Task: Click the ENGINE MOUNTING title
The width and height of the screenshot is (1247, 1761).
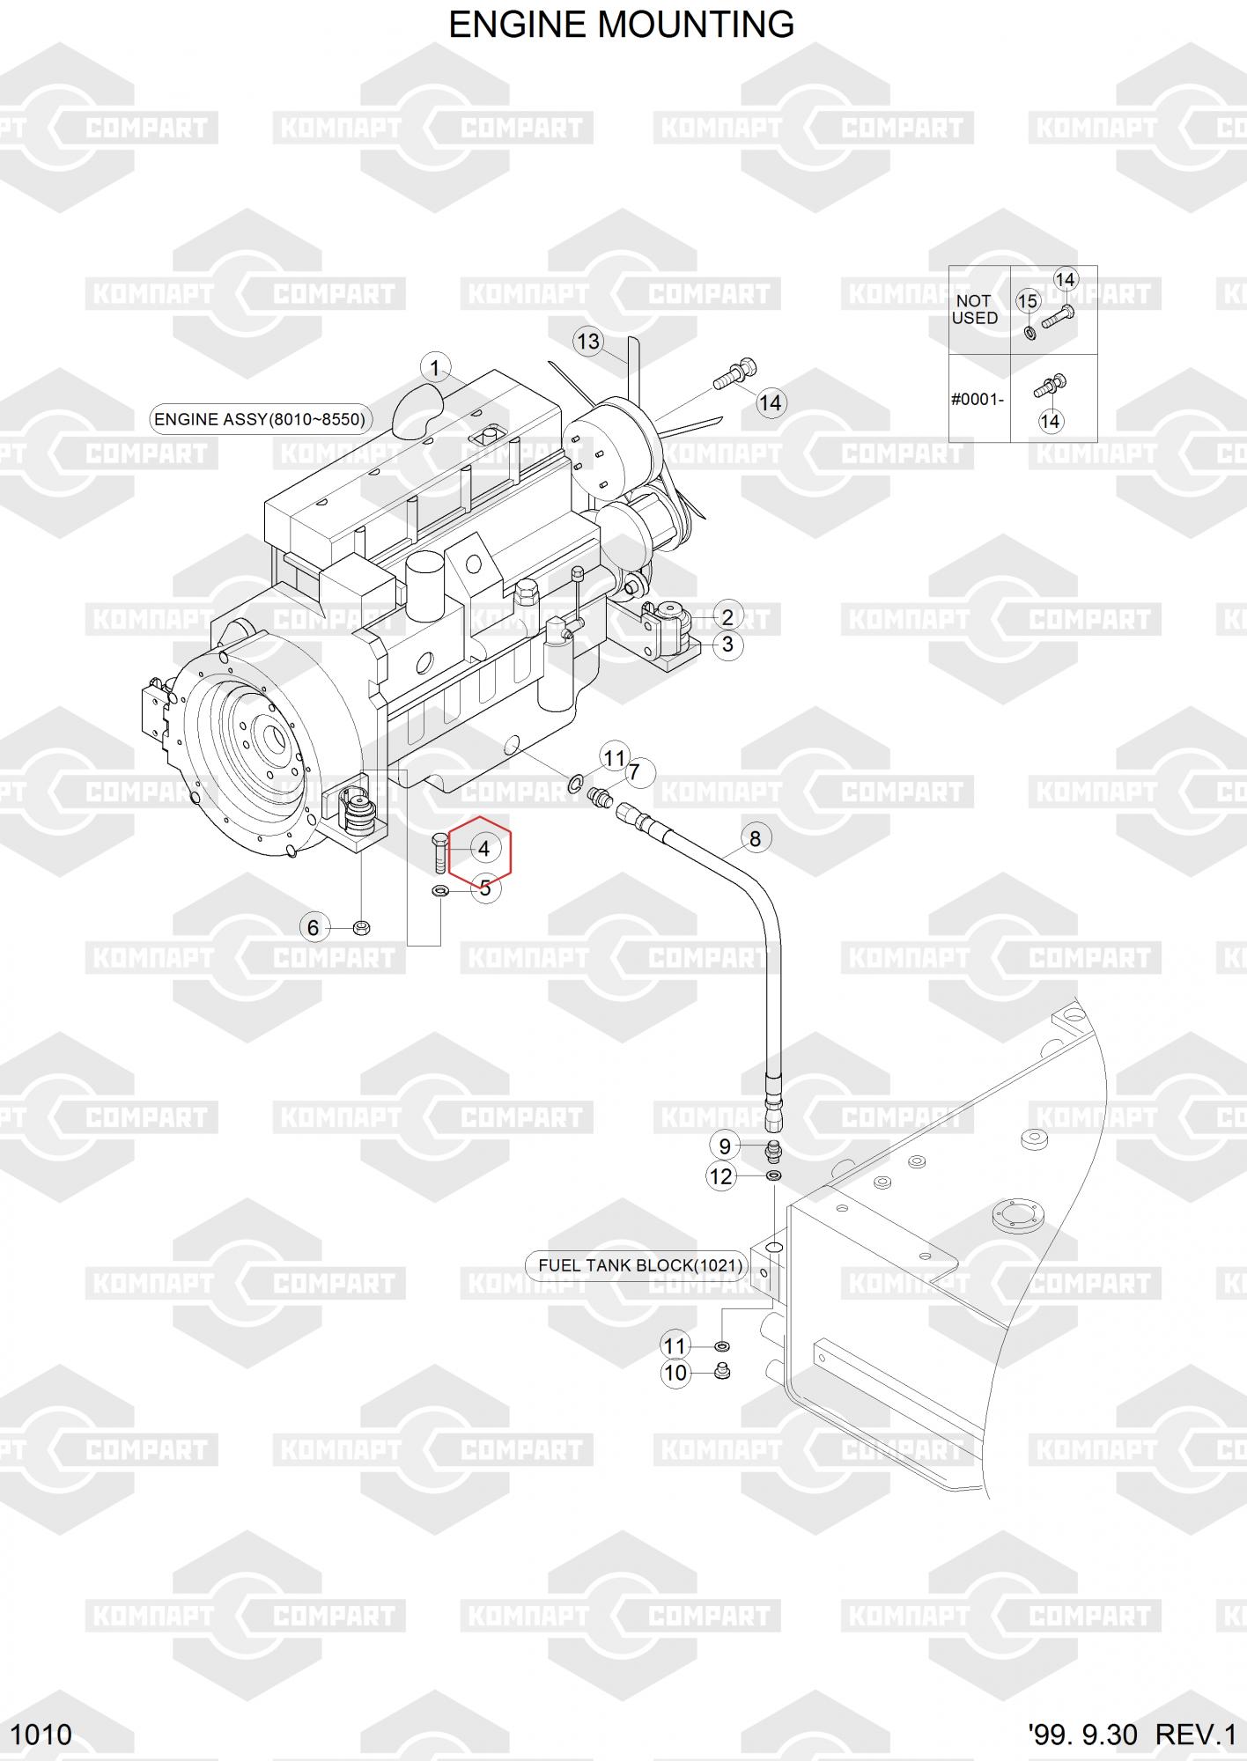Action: [x=622, y=25]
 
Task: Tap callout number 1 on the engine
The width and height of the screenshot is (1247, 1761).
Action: [x=435, y=368]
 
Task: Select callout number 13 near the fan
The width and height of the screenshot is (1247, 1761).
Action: [x=588, y=341]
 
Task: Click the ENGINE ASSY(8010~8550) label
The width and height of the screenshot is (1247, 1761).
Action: [x=260, y=419]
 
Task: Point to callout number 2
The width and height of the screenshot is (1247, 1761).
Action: [x=727, y=616]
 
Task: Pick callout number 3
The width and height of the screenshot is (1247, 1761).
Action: [x=727, y=645]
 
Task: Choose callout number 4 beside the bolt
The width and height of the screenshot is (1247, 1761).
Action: [x=483, y=849]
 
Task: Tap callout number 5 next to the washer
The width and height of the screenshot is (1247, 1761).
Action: [x=485, y=888]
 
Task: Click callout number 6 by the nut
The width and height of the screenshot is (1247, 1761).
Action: [x=313, y=927]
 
